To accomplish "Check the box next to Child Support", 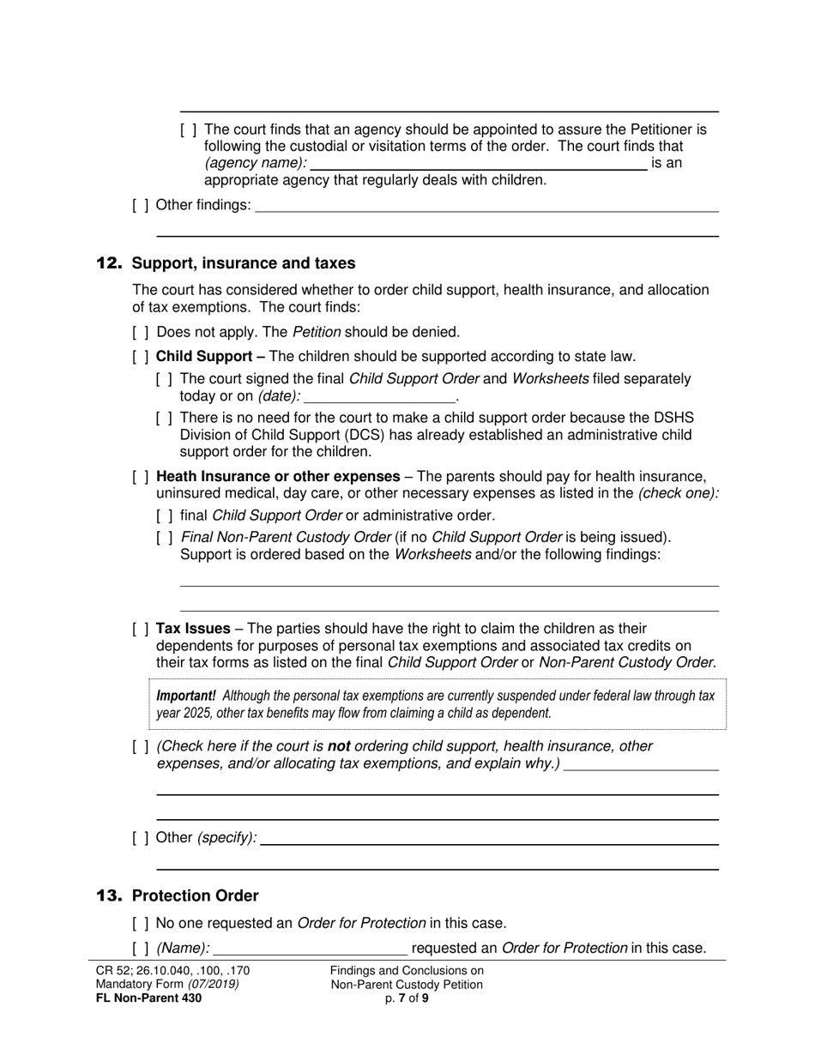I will point(141,357).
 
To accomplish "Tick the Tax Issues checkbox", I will point(141,629).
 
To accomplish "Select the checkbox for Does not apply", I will point(141,332).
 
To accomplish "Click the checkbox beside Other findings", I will point(141,205).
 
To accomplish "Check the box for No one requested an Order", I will point(141,924).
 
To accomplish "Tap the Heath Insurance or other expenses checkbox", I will point(141,477).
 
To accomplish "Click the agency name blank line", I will point(478,164).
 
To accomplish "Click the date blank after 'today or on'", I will point(379,396).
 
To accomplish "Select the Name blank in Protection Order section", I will point(310,949).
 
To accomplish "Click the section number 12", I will point(110,263).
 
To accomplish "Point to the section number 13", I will point(110,896).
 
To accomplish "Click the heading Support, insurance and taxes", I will point(244,263).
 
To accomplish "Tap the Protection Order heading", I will point(195,896).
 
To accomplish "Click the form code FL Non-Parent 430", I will point(149,998).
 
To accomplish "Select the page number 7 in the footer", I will point(401,998).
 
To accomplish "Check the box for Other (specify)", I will point(141,838).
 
